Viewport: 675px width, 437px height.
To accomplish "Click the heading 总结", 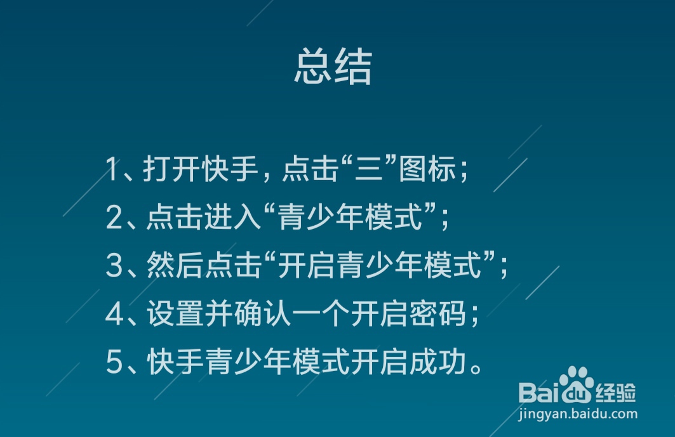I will pyautogui.click(x=333, y=68).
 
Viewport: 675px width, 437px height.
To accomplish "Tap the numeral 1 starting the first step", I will pyautogui.click(x=113, y=171).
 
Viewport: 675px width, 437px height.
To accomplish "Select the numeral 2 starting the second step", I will pyautogui.click(x=114, y=219).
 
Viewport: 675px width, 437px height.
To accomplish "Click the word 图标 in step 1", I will pyautogui.click(x=427, y=171).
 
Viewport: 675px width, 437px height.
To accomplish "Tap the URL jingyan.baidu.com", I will pyautogui.click(x=577, y=414).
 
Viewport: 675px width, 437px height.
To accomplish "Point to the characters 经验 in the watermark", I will pyautogui.click(x=615, y=393).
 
